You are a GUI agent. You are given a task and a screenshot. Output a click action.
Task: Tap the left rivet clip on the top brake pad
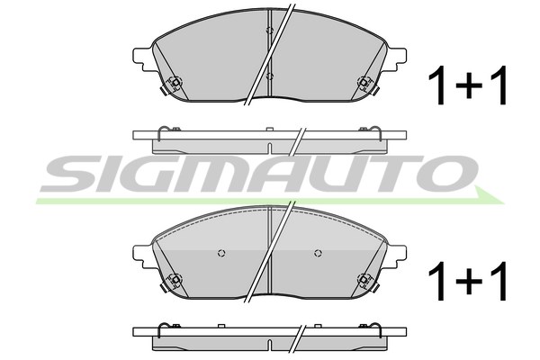(x=175, y=83)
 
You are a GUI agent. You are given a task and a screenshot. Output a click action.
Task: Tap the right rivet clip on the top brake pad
(x=364, y=83)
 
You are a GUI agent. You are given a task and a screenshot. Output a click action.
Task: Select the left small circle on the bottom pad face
(x=221, y=253)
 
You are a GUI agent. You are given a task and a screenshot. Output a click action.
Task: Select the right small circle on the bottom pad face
(x=318, y=253)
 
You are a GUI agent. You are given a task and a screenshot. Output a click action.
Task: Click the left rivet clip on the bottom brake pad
(x=175, y=280)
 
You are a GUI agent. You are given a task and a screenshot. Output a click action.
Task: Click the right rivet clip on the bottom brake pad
(x=364, y=280)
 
